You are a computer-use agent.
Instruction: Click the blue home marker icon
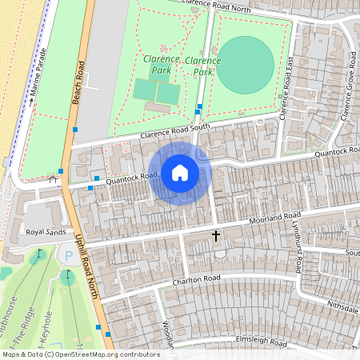pyautogui.click(x=180, y=173)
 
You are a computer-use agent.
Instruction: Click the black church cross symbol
pyautogui.click(x=215, y=236)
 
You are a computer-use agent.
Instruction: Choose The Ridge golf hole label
pyautogui.click(x=29, y=323)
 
